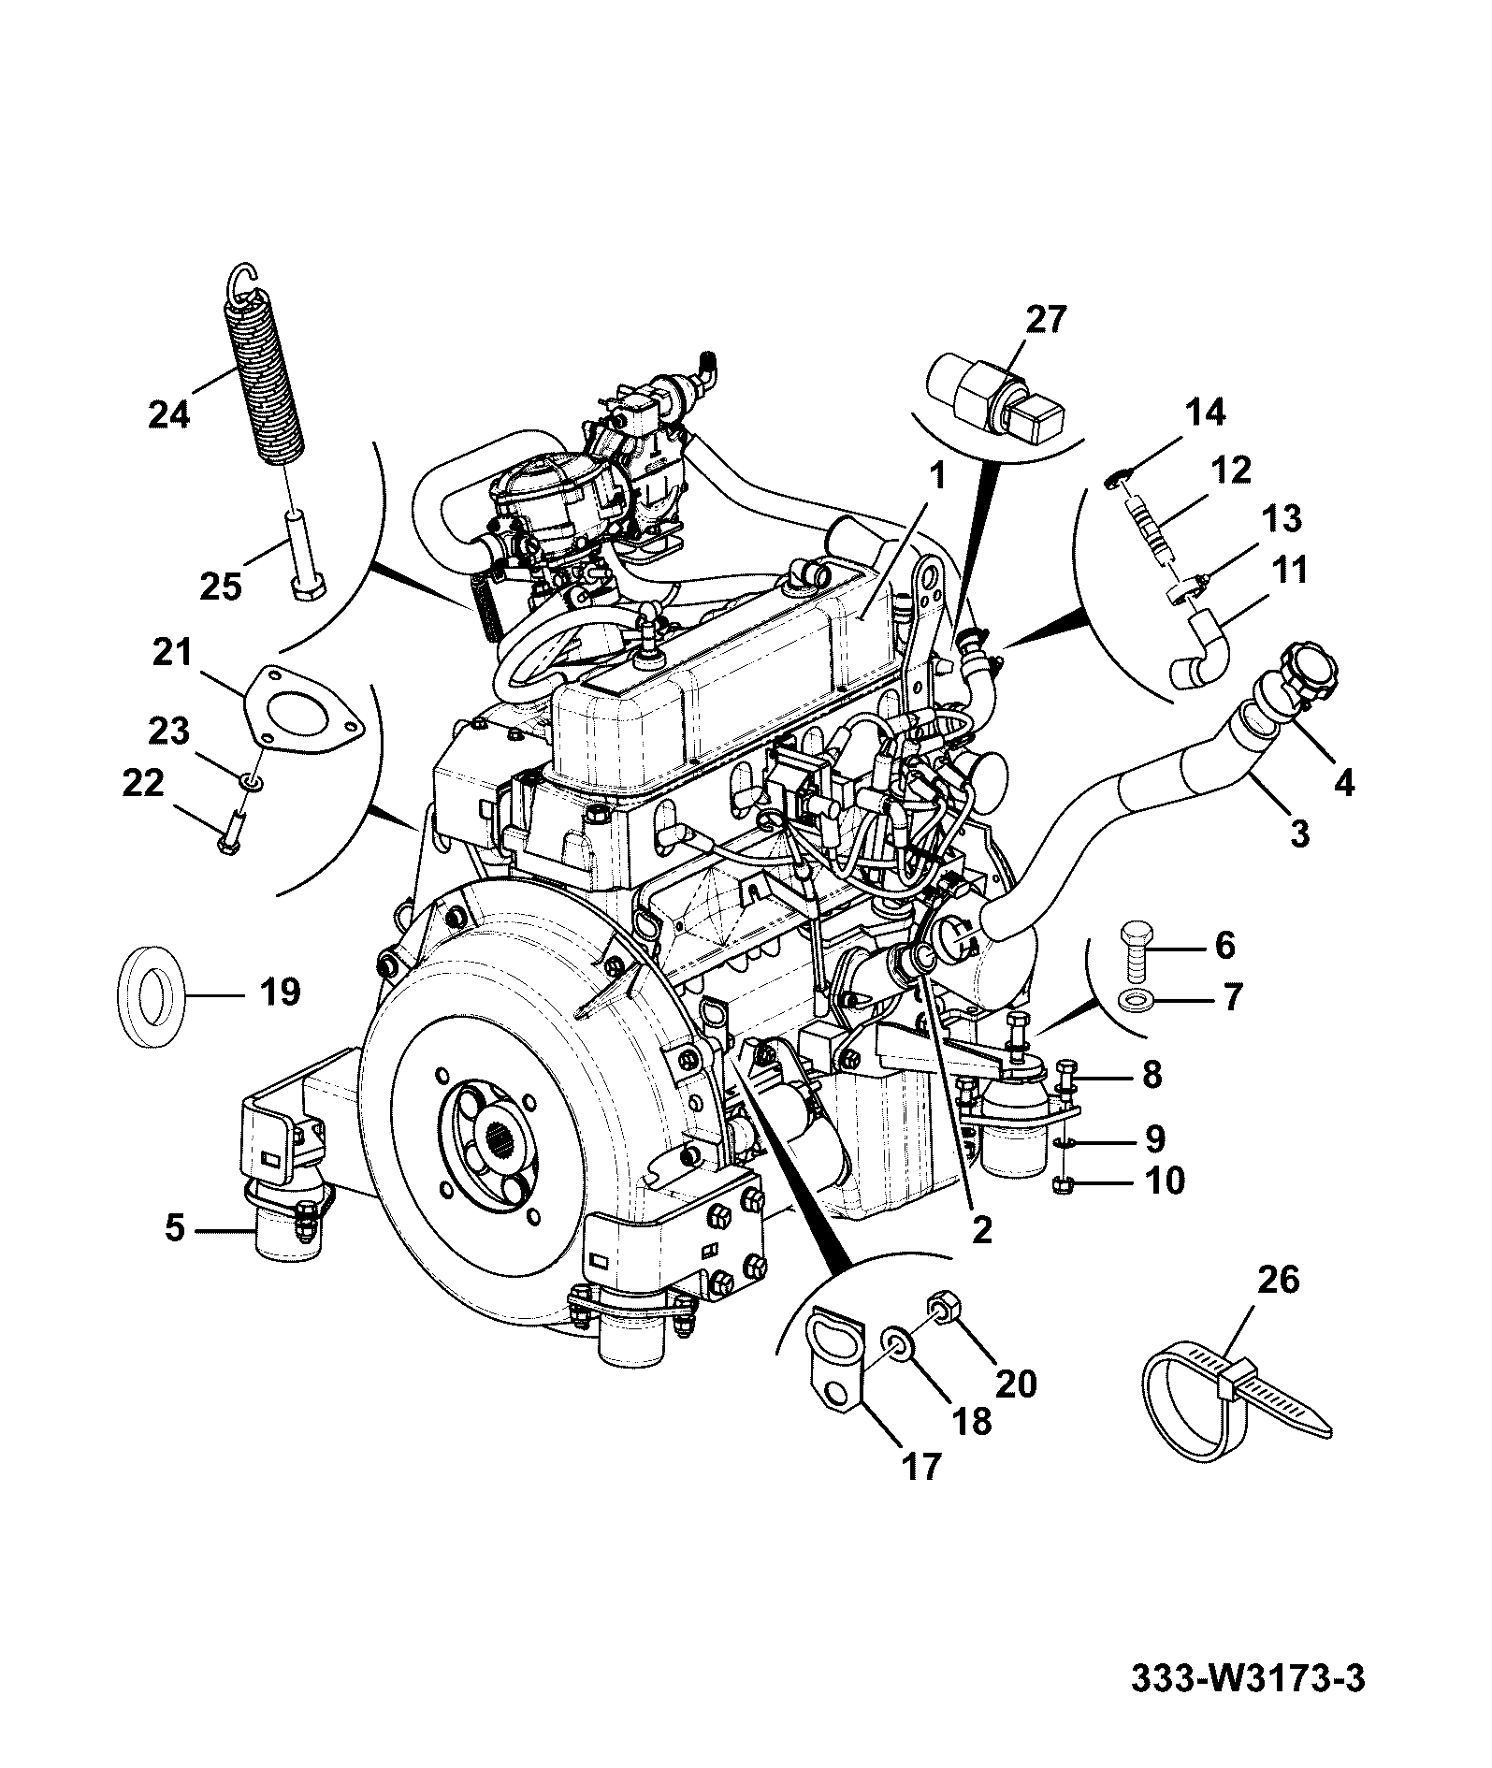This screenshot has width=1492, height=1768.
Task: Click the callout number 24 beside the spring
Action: pos(169,412)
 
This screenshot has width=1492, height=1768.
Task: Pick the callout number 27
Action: pos(1045,321)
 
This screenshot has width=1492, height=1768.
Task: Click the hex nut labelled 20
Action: pos(940,1304)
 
